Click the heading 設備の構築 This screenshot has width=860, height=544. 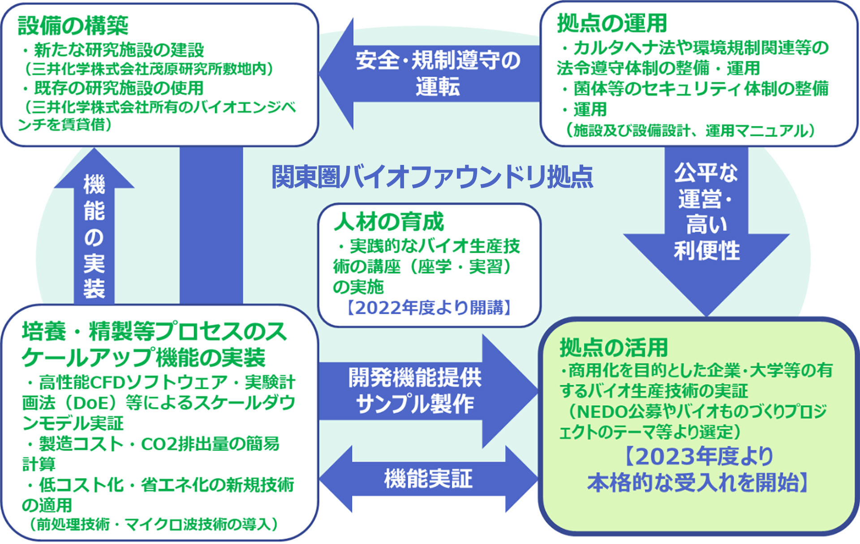click(73, 25)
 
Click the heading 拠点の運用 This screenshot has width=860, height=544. click(612, 23)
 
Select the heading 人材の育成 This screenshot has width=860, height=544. click(389, 221)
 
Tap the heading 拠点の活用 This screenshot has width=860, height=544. click(614, 347)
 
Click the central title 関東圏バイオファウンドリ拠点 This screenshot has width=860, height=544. click(432, 177)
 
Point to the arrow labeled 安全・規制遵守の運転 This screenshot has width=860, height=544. click(430, 74)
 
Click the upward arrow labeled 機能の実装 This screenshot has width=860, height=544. click(94, 226)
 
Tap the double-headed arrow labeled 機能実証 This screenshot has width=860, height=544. click(429, 479)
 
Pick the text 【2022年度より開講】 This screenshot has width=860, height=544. click(429, 308)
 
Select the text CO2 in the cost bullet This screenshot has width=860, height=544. click(159, 444)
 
